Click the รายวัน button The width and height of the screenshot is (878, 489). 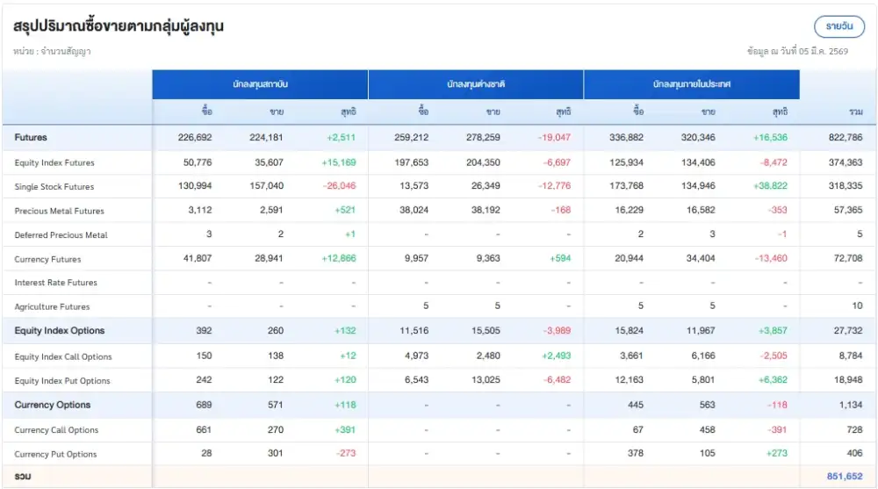[x=838, y=26]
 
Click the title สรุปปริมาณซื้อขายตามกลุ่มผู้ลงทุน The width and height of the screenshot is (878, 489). [x=119, y=26]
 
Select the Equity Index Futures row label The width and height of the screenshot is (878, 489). [x=54, y=162]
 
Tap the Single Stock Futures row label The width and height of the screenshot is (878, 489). [x=54, y=187]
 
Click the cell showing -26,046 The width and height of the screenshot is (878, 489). [x=339, y=187]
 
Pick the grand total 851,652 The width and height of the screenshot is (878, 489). [x=845, y=476]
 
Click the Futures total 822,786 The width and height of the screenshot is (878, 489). [x=845, y=138]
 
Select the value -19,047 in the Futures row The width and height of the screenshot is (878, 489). [x=554, y=138]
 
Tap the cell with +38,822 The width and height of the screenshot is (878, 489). [x=769, y=187]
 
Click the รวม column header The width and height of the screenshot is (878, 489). [x=854, y=111]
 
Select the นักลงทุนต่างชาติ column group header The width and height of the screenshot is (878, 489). [x=476, y=85]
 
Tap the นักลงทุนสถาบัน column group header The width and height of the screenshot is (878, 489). [x=261, y=85]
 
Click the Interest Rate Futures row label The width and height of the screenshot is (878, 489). [x=56, y=283]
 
